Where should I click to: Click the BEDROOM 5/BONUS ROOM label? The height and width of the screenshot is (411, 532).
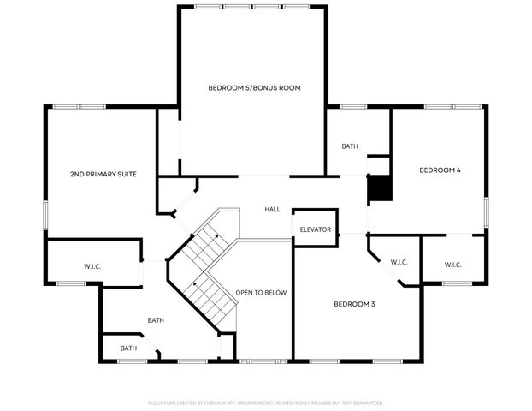click(254, 88)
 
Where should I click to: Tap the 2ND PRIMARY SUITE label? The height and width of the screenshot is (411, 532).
click(103, 175)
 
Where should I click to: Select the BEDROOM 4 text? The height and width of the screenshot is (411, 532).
click(440, 170)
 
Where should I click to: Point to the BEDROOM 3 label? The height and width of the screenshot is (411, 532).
click(354, 304)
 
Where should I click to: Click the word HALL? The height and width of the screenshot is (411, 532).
click(272, 209)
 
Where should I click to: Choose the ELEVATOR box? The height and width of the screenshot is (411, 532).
click(315, 229)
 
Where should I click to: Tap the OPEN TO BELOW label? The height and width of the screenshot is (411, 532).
click(261, 293)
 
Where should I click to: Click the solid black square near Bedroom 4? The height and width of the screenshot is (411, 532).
click(379, 188)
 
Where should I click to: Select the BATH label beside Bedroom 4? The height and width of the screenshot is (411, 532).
click(350, 146)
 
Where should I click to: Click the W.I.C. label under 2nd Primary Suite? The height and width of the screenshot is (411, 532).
click(92, 267)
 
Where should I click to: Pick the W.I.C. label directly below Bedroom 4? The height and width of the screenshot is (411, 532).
click(453, 265)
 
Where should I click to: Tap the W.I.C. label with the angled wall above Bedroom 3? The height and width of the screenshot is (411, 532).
click(399, 262)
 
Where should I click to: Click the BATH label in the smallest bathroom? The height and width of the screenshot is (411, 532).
click(128, 348)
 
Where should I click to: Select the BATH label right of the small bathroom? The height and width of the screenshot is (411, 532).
click(156, 320)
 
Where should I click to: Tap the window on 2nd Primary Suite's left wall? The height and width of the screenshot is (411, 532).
click(46, 215)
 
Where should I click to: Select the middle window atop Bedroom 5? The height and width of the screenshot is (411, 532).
click(252, 7)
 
